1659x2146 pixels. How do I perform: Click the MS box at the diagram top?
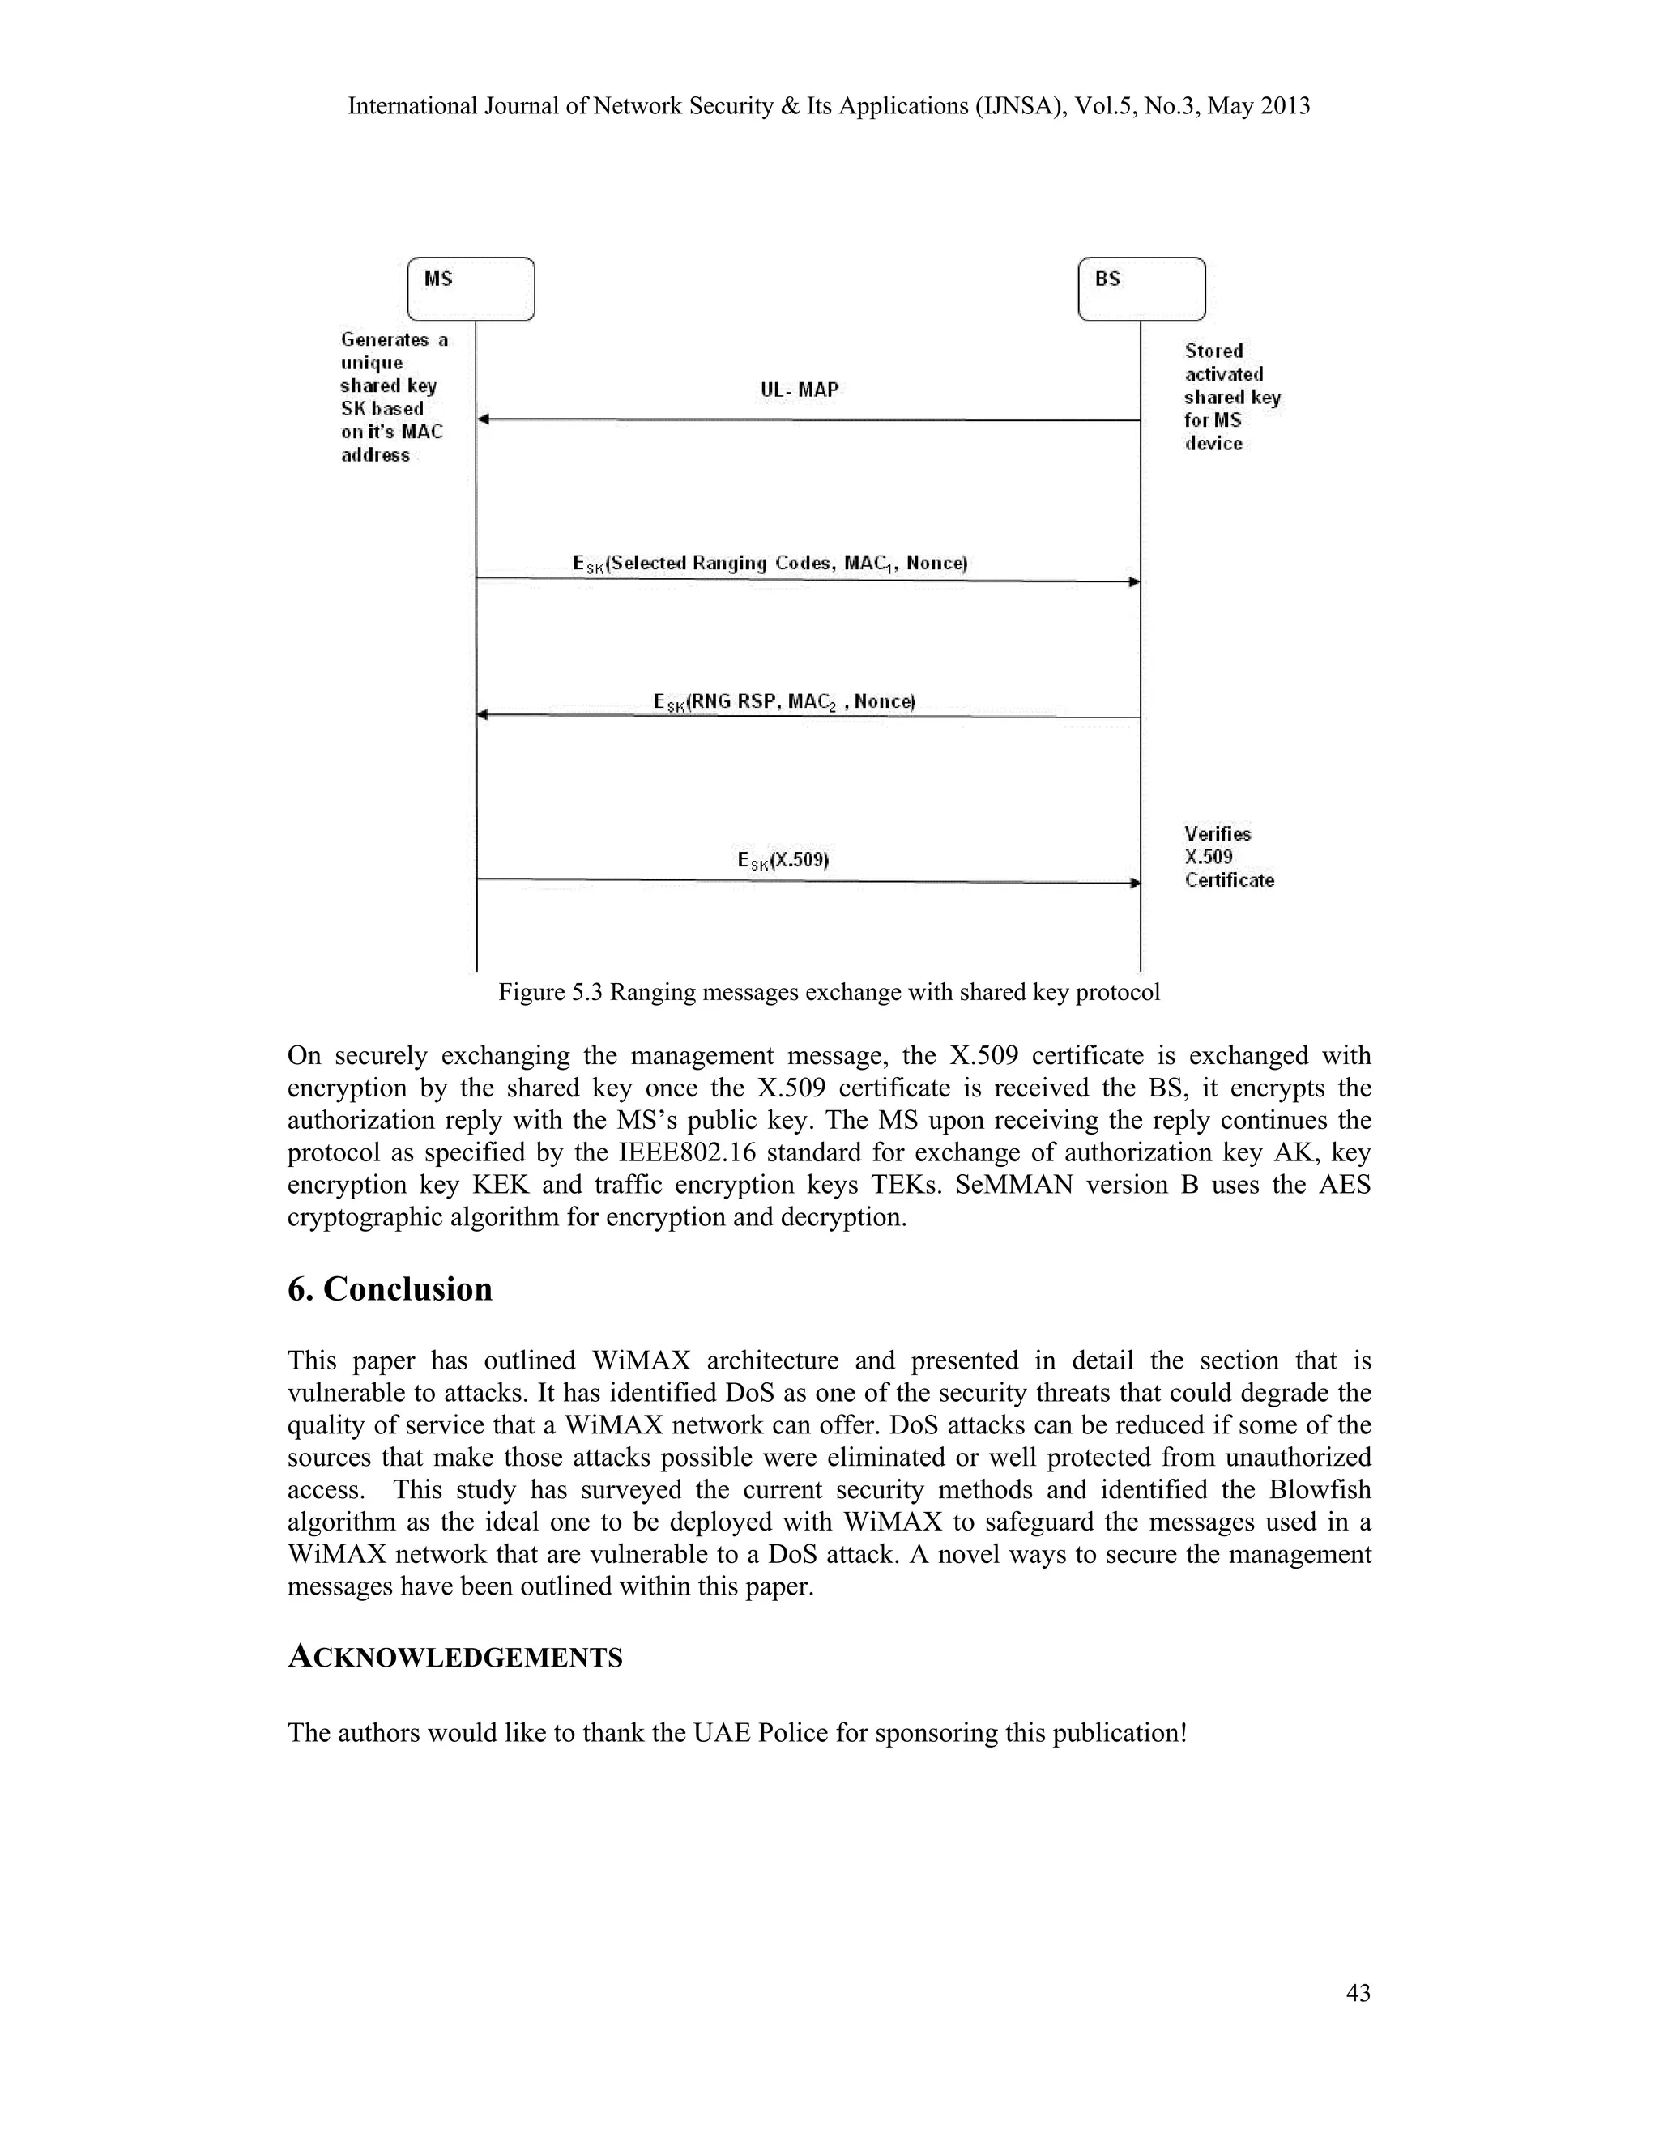tap(471, 289)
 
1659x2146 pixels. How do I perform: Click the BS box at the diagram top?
tap(1141, 289)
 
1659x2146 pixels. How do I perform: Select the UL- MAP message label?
tap(799, 390)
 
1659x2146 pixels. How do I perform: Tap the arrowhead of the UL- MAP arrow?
tap(483, 419)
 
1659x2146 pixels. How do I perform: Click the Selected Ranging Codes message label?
tap(770, 563)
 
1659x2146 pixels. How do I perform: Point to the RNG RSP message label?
tap(783, 701)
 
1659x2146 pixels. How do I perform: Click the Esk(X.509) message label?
tap(783, 860)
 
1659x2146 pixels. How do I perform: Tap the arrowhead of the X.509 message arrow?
tap(1134, 883)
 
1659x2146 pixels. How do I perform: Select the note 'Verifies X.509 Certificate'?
tap(1229, 857)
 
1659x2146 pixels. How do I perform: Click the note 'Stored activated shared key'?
tap(1231, 397)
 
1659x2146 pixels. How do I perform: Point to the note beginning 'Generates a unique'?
tap(393, 397)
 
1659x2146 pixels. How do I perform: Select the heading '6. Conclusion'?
tap(389, 1288)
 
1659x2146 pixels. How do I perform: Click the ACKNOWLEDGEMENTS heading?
tap(455, 1658)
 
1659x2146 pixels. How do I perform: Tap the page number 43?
tap(1358, 1993)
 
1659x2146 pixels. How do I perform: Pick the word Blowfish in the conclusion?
tap(1319, 1489)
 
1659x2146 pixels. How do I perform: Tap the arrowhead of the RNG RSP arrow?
tap(483, 715)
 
